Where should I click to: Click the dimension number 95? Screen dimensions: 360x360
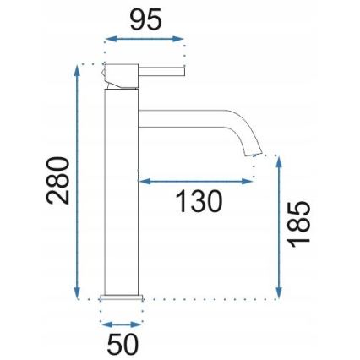(x=145, y=20)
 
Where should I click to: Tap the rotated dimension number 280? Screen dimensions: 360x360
(x=58, y=180)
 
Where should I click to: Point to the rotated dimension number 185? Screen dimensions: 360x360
(x=299, y=223)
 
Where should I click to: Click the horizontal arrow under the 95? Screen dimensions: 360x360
(x=143, y=39)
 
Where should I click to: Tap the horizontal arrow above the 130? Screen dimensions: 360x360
(x=195, y=180)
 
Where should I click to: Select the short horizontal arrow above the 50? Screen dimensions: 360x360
(x=122, y=324)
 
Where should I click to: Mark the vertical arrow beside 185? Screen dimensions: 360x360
(x=279, y=226)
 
